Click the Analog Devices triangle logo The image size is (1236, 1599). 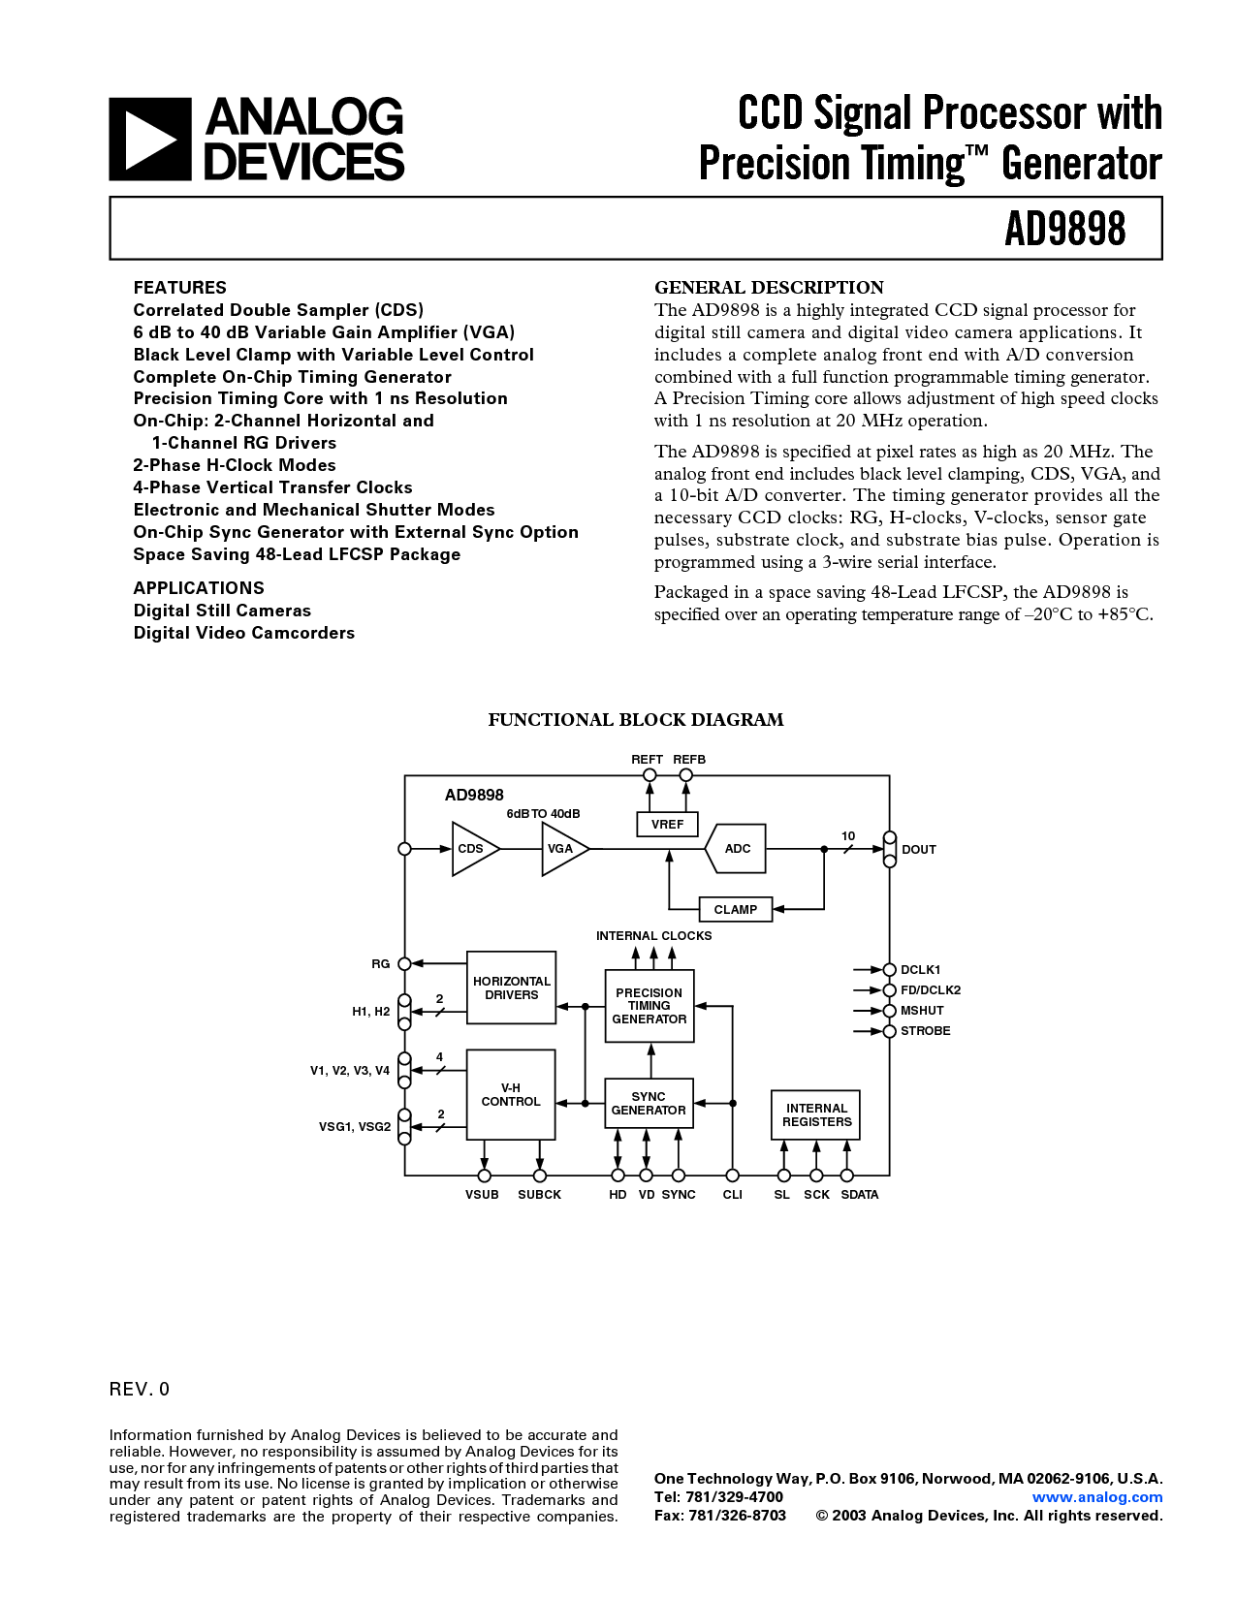(149, 140)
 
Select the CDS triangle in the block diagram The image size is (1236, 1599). (473, 849)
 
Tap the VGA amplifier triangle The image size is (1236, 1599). (562, 849)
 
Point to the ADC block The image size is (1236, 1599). (737, 849)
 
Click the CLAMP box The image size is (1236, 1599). (736, 909)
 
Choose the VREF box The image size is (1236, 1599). (667, 824)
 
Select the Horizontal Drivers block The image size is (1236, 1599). (511, 988)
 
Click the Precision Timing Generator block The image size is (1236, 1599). (650, 1006)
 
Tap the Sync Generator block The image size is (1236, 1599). (649, 1103)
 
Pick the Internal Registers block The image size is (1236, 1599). (816, 1114)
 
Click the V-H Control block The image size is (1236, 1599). (511, 1095)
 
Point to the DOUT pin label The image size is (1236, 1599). (919, 850)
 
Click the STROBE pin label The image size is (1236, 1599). (926, 1031)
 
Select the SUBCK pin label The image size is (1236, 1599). (539, 1195)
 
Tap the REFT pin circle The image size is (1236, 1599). (650, 775)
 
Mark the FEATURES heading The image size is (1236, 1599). (179, 288)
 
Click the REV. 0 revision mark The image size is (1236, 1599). (140, 1389)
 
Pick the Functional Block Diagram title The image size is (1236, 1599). (635, 720)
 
